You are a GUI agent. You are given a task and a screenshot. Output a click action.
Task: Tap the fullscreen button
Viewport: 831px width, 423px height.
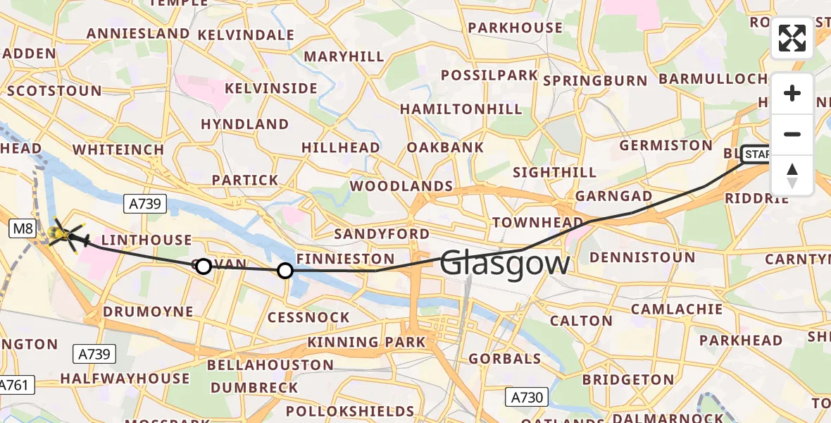pos(792,38)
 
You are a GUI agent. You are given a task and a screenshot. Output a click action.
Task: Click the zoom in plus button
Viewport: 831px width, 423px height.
pos(792,93)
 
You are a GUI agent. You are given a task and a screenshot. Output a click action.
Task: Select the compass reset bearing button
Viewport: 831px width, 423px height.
pos(792,175)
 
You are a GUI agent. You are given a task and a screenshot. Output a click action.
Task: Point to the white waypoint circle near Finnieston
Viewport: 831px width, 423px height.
pos(285,270)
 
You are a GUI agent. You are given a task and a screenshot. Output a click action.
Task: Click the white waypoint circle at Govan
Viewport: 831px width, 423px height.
pos(203,266)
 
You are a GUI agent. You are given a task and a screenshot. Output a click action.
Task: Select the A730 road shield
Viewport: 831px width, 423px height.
pos(526,398)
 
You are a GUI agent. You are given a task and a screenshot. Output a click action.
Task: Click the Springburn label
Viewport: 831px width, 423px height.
pos(595,80)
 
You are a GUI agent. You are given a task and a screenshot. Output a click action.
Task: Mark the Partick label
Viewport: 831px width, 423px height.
pos(245,180)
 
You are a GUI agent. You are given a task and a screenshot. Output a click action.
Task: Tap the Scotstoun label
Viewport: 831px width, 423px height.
pos(54,91)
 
